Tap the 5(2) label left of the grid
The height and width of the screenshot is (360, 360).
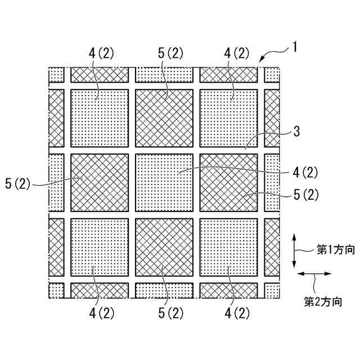tap(21, 184)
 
